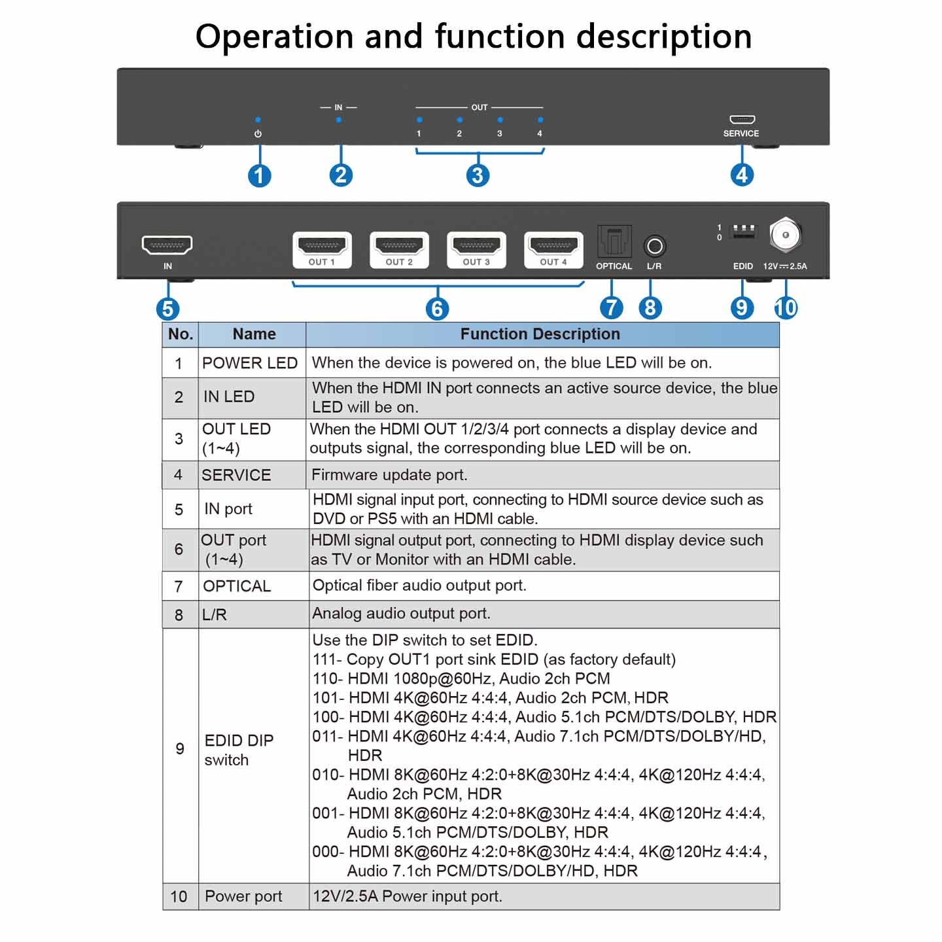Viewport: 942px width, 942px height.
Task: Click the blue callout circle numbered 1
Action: pos(260,175)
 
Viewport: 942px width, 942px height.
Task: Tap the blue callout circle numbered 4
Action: pos(741,175)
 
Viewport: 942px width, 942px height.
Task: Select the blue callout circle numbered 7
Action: pos(611,307)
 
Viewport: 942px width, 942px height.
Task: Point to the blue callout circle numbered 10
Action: pos(786,307)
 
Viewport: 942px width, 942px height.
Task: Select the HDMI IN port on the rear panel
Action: pos(167,245)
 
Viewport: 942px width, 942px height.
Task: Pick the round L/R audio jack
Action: pos(654,247)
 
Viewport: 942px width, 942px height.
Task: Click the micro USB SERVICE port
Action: pos(742,120)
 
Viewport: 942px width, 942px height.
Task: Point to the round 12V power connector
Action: pos(785,235)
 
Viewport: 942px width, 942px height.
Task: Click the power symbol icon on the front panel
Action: pos(258,133)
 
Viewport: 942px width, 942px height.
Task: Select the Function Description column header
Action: pos(540,334)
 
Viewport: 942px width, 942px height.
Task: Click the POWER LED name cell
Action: pos(250,363)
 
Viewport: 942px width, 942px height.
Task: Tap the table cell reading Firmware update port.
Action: pos(389,475)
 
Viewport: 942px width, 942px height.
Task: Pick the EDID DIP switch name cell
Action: pos(239,750)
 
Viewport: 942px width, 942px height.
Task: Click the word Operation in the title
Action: pos(275,37)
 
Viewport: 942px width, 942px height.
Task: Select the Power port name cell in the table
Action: pos(243,896)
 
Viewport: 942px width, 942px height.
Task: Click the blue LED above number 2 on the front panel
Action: pos(460,120)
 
